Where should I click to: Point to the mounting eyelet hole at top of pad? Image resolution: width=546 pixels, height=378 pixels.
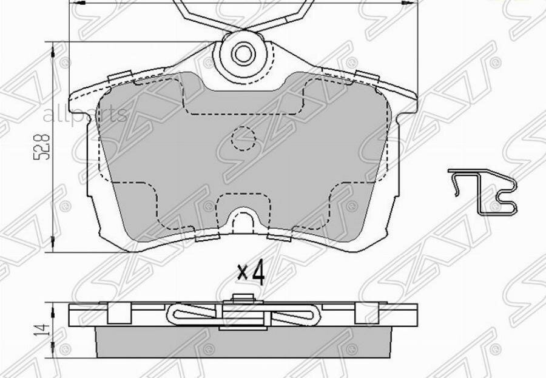tap(243, 53)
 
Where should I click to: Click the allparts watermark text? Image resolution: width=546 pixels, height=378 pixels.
tap(85, 113)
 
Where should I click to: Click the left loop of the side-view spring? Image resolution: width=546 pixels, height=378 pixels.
tap(189, 314)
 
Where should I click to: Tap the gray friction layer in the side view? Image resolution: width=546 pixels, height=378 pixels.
tap(243, 343)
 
